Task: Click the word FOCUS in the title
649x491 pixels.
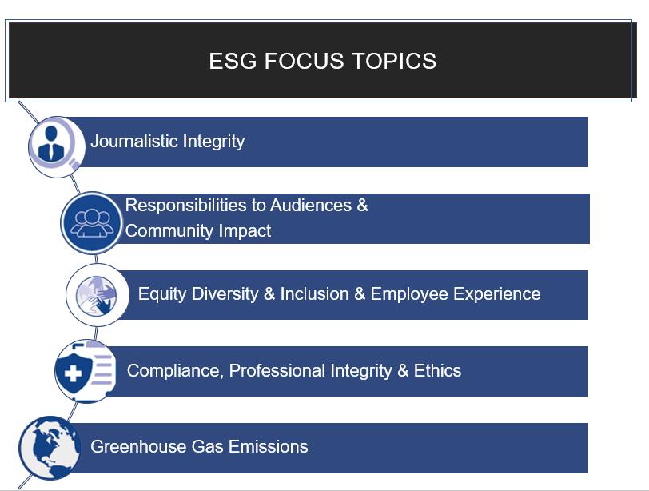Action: point(304,61)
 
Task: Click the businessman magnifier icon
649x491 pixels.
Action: point(57,147)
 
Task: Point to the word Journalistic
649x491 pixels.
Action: point(133,142)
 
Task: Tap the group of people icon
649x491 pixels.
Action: point(92,223)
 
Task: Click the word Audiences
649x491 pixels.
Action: point(311,206)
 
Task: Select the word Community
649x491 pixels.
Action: point(169,231)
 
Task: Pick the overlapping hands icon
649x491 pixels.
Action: point(98,295)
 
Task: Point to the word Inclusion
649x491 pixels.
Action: point(315,294)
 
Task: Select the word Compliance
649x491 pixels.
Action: point(176,371)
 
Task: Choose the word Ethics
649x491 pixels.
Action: point(437,370)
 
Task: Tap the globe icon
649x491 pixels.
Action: point(50,448)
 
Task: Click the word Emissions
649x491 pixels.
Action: point(269,447)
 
